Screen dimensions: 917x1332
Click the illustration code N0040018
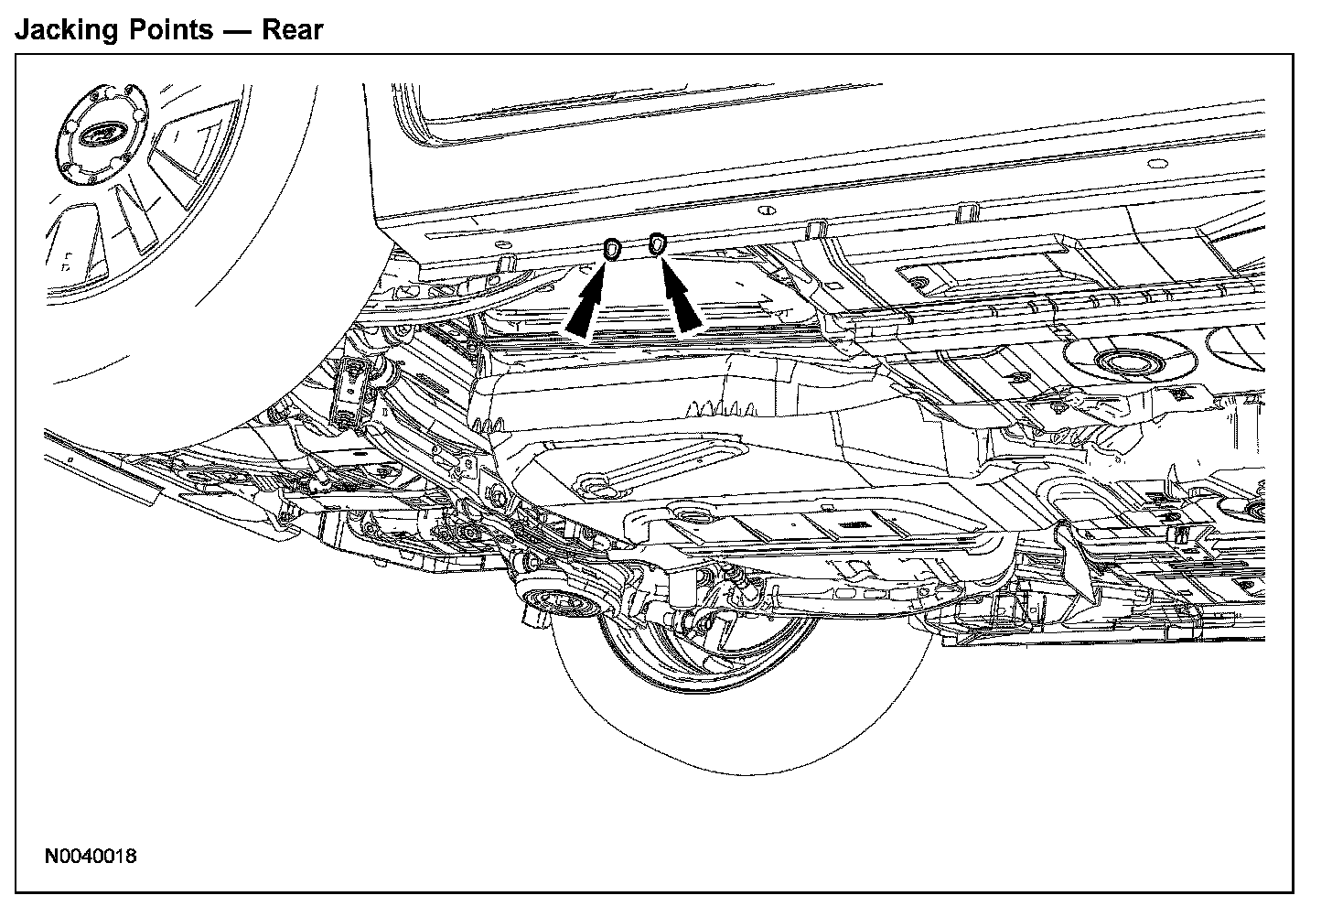[91, 858]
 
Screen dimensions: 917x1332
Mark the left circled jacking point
[612, 248]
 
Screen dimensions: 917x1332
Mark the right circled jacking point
[656, 244]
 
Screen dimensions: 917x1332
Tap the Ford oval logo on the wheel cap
[93, 136]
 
